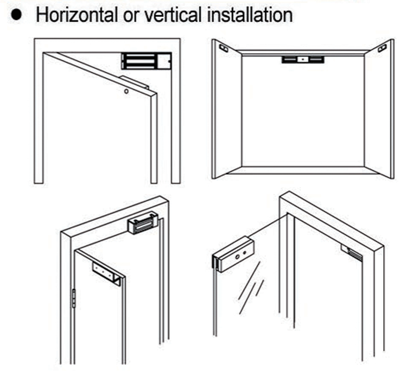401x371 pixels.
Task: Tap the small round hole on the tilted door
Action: [x=126, y=92]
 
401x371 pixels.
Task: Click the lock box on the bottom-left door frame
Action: [x=142, y=225]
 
